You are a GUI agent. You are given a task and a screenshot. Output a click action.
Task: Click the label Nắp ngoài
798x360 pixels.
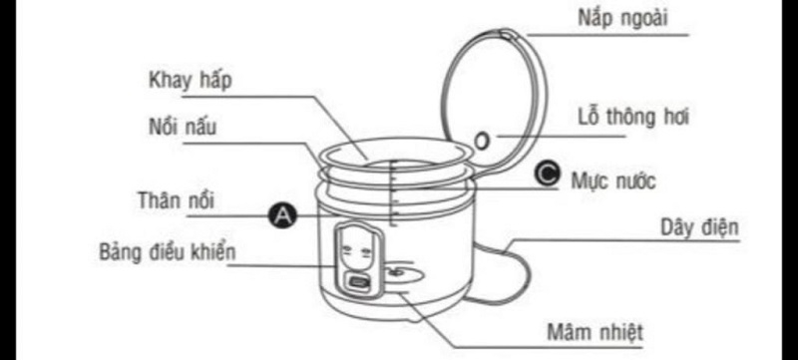point(622,18)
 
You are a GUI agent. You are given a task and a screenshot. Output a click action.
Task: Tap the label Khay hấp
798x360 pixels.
point(191,80)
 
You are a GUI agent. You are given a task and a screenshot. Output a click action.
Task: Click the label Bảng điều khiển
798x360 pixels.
point(168,250)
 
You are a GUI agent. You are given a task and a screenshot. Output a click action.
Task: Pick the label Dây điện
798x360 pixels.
point(699,227)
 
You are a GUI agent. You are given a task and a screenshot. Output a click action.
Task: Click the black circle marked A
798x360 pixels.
point(282,213)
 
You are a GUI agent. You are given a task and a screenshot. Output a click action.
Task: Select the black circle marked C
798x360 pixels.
point(545,174)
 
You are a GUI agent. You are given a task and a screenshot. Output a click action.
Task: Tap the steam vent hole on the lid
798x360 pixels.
point(483,141)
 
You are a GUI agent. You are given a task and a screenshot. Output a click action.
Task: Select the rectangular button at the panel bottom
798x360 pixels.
point(357,283)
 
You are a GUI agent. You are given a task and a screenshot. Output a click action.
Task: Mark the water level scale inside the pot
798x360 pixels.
point(393,189)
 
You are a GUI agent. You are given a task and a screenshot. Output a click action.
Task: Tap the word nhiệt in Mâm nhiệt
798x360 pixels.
point(619,331)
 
